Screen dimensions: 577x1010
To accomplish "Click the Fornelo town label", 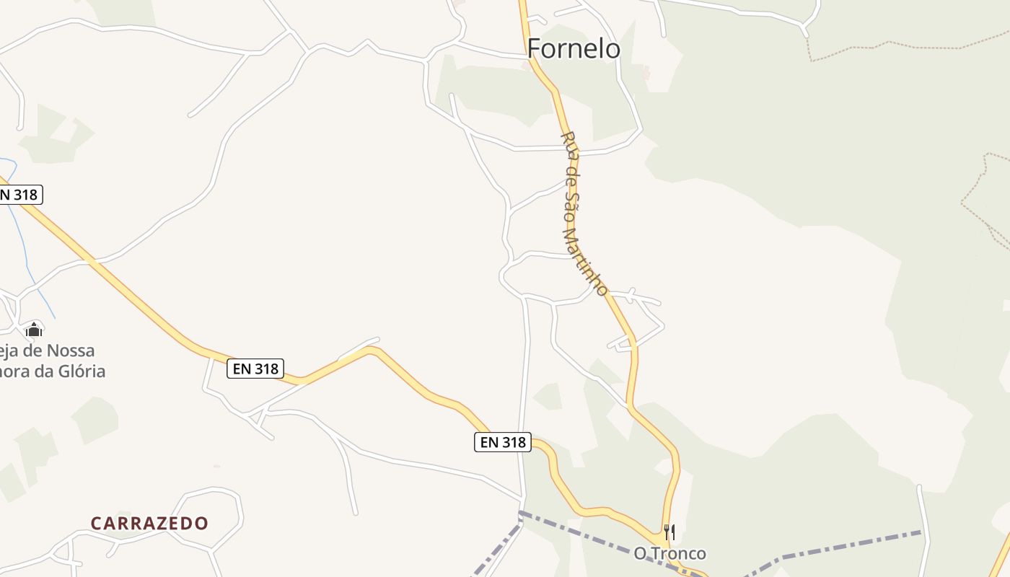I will tap(574, 48).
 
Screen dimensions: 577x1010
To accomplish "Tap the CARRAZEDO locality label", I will tap(149, 523).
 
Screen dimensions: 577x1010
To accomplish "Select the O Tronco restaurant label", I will tap(669, 553).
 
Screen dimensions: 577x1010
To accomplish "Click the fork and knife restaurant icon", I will tap(669, 532).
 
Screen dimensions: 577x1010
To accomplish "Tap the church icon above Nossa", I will tap(34, 330).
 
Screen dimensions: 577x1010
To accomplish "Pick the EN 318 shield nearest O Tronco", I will tap(503, 442).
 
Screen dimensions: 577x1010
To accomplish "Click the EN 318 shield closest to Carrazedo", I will tap(255, 369).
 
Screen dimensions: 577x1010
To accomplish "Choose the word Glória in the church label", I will tap(82, 371).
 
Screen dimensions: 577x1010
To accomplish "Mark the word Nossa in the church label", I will tap(70, 351).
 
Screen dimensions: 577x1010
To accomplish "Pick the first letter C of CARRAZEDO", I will tap(96, 523).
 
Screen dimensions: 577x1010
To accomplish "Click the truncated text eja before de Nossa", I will tap(11, 351).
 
